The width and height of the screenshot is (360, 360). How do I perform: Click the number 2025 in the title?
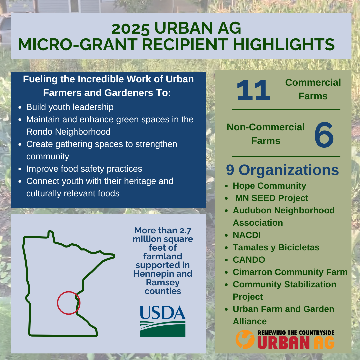click(130, 29)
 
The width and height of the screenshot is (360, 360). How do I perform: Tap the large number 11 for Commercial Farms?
click(253, 90)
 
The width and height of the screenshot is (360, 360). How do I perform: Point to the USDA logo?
click(163, 321)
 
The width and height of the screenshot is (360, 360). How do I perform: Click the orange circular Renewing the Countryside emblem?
click(245, 339)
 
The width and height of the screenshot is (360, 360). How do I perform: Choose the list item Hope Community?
click(269, 186)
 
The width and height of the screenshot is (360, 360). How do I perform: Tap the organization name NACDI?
click(247, 235)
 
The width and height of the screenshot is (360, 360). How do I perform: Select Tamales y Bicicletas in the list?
click(276, 247)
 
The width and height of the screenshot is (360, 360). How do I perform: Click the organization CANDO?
click(249, 260)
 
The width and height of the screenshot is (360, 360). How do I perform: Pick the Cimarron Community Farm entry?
click(290, 272)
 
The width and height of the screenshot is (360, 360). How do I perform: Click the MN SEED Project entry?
click(272, 198)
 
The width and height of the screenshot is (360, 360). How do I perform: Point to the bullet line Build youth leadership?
click(70, 107)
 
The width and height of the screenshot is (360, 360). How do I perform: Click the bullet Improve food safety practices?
click(84, 169)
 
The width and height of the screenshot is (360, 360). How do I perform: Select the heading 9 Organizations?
click(282, 170)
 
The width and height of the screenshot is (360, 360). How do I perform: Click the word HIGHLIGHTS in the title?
click(284, 44)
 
